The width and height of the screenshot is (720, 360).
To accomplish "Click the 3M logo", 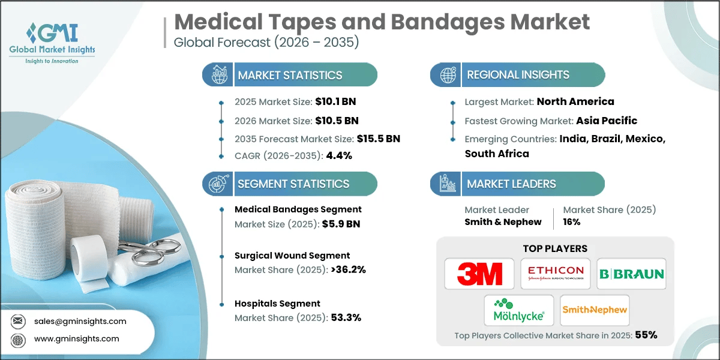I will (x=479, y=274).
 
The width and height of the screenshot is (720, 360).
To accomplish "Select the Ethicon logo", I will (x=555, y=274).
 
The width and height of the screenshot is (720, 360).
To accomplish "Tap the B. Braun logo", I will (x=632, y=274).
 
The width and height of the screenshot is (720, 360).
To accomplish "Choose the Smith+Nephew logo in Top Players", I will (x=595, y=310).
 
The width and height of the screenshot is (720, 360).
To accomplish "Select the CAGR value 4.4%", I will (x=338, y=155).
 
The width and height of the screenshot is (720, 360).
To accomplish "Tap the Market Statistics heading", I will (x=290, y=75).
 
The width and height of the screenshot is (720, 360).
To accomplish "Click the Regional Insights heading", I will (x=518, y=75).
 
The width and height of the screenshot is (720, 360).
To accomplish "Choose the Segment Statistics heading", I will (x=293, y=184).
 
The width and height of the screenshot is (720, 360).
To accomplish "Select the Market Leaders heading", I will (x=511, y=184).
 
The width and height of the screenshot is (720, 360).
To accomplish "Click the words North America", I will (x=575, y=101).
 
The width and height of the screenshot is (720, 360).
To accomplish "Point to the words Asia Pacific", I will (x=607, y=120).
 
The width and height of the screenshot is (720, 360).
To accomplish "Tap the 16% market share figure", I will (x=572, y=222).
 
